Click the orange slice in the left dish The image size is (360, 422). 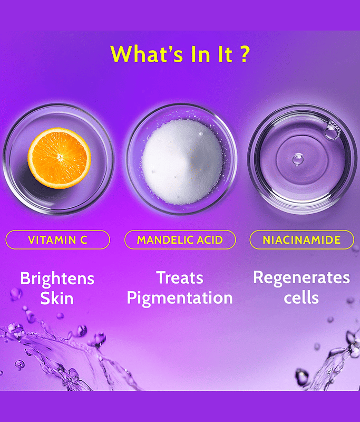pyautogui.click(x=59, y=158)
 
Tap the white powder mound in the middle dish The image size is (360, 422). pyautogui.click(x=182, y=162)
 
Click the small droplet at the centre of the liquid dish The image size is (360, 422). pyautogui.click(x=298, y=160)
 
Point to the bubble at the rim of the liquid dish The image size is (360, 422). pyautogui.click(x=332, y=131)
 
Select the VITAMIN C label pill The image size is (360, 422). pyautogui.click(x=58, y=239)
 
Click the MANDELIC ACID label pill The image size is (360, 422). pyautogui.click(x=180, y=239)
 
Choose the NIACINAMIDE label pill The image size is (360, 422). pyautogui.click(x=301, y=239)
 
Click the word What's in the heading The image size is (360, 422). pyautogui.click(x=147, y=54)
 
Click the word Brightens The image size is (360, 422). pyautogui.click(x=57, y=279)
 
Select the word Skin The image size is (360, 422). pyautogui.click(x=57, y=299)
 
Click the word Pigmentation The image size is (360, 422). pyautogui.click(x=180, y=298)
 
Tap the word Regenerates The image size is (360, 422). pyautogui.click(x=301, y=279)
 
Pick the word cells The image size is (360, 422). pyautogui.click(x=301, y=298)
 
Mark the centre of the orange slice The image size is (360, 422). pyautogui.click(x=60, y=157)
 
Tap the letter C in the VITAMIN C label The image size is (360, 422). pyautogui.click(x=84, y=240)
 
